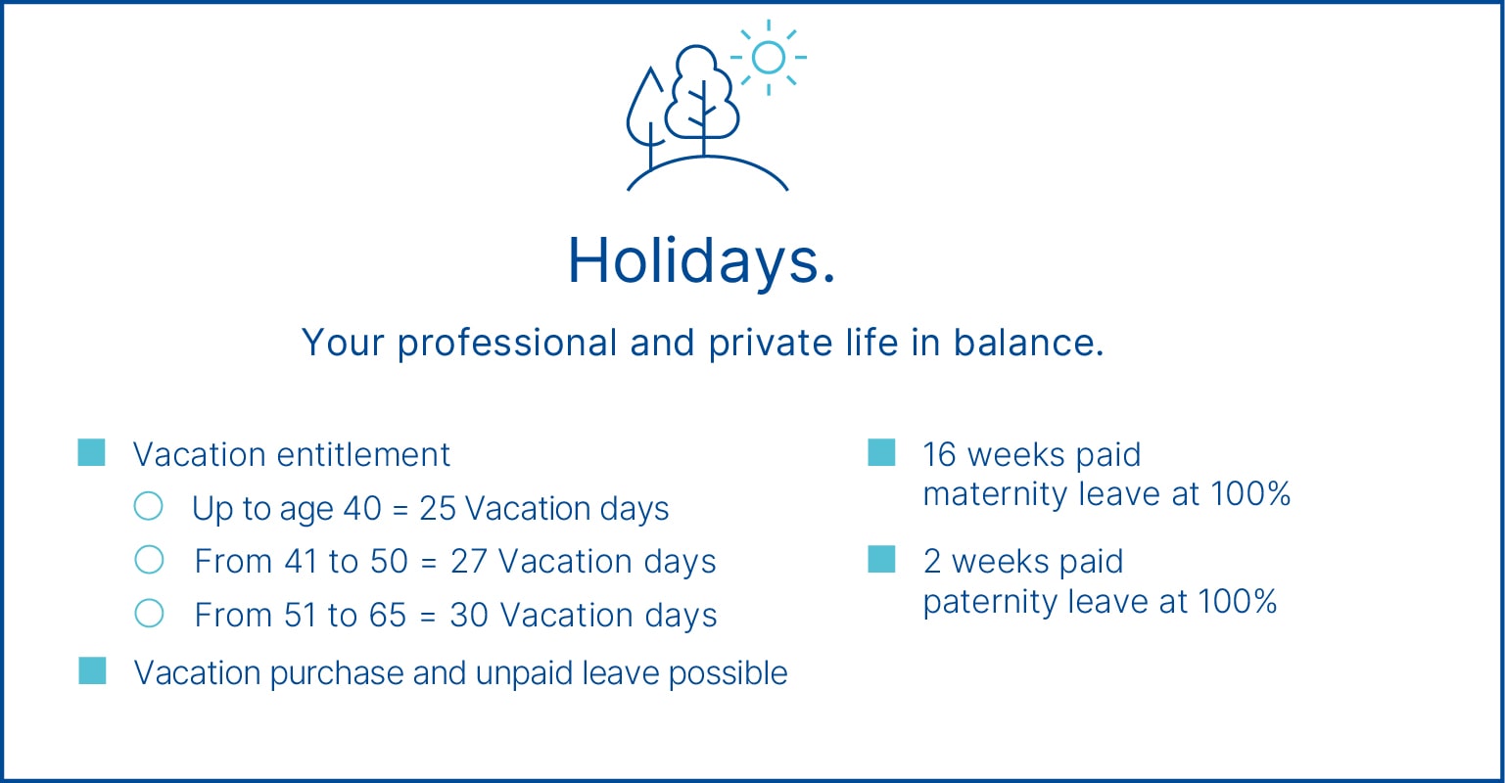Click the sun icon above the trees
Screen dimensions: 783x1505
pos(769,58)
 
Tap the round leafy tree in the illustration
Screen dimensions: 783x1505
pos(700,96)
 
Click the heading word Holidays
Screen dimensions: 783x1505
pos(702,261)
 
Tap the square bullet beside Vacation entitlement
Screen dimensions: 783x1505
pos(92,453)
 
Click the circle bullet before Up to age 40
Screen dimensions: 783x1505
pos(149,506)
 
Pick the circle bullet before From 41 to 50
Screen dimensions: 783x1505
pos(149,560)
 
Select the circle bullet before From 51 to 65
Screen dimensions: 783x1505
pos(149,614)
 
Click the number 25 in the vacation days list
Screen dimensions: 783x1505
pos(438,509)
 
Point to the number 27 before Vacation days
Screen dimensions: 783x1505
pos(469,562)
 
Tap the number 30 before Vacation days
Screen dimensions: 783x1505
pos(469,616)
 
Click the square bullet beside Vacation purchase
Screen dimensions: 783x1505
pos(92,671)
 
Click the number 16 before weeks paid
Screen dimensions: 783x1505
pos(939,455)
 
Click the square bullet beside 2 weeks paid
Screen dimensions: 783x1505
pos(881,560)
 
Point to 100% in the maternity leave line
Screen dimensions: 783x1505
pos(1249,494)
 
